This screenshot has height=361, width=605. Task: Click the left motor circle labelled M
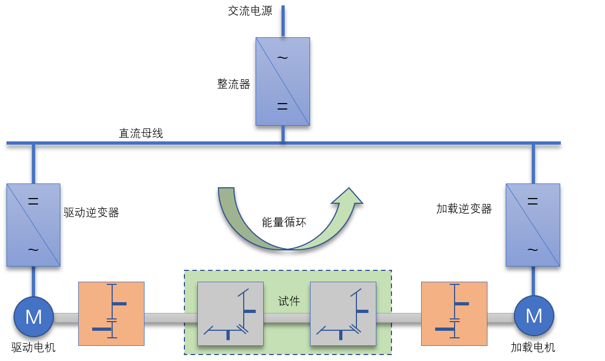pyautogui.click(x=33, y=317)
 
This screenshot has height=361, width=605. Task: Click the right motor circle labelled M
pyautogui.click(x=534, y=316)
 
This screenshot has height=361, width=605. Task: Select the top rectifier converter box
pyautogui.click(x=283, y=81)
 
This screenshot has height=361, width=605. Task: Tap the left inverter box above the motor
pyautogui.click(x=33, y=225)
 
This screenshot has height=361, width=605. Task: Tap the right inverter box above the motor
pyautogui.click(x=533, y=225)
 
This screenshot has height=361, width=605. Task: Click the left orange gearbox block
pyautogui.click(x=111, y=314)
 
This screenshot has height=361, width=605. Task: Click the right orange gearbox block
pyautogui.click(x=454, y=314)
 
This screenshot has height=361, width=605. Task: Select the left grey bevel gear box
pyautogui.click(x=230, y=314)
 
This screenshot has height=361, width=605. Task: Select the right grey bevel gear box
pyautogui.click(x=343, y=314)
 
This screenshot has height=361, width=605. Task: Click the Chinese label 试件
pyautogui.click(x=289, y=301)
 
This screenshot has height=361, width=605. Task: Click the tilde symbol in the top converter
pyautogui.click(x=283, y=58)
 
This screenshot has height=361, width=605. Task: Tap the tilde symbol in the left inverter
pyautogui.click(x=33, y=250)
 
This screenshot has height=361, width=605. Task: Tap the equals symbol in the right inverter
pyautogui.click(x=533, y=202)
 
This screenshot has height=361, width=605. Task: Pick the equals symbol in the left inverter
pyautogui.click(x=33, y=202)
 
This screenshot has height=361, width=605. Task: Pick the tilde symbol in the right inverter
pyautogui.click(x=533, y=250)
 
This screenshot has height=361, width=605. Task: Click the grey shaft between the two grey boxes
pyautogui.click(x=287, y=318)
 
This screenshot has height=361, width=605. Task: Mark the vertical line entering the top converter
pyautogui.click(x=283, y=21)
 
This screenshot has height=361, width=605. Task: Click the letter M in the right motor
pyautogui.click(x=534, y=316)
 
